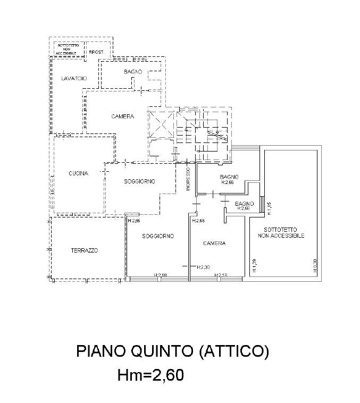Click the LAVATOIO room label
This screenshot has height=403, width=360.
point(73,79)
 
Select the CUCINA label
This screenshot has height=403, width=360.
point(78,173)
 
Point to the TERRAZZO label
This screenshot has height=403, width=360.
point(85,250)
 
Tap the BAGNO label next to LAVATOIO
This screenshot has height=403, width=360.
point(132,72)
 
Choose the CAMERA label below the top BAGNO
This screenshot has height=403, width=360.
point(122,116)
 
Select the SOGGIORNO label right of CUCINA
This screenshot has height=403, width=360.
point(140,181)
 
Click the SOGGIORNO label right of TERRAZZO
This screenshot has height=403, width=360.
point(158,236)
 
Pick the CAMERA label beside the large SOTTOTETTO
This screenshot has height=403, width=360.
point(215,243)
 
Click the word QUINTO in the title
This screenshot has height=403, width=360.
point(158,351)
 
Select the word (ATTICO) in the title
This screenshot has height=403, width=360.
point(234,351)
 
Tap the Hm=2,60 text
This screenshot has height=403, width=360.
point(150,375)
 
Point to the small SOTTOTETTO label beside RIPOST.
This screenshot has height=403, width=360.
point(67,46)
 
